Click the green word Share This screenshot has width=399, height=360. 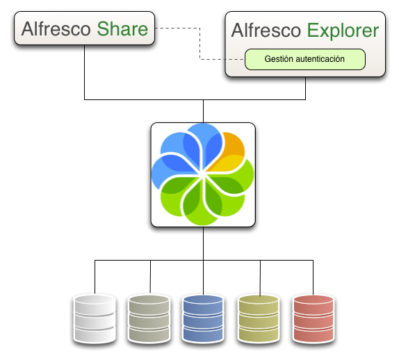(122, 28)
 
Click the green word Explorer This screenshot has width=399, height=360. (343, 31)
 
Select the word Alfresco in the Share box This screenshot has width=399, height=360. (56, 28)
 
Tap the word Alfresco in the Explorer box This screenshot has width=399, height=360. (266, 31)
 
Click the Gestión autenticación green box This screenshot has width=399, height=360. (305, 59)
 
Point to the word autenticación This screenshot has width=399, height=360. (320, 59)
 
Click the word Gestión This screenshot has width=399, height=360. (279, 59)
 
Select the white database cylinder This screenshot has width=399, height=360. (95, 319)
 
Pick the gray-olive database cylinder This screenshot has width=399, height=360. (149, 319)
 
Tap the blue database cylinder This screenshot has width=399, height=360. (203, 319)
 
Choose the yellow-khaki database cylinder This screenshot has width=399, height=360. (259, 319)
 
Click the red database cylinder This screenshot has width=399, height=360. (313, 319)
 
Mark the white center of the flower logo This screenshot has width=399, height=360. (203, 174)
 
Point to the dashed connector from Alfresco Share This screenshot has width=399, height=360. (200, 44)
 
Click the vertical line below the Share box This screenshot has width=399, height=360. (85, 72)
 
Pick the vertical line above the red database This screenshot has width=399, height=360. (313, 277)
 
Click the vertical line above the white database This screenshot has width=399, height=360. (95, 277)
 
